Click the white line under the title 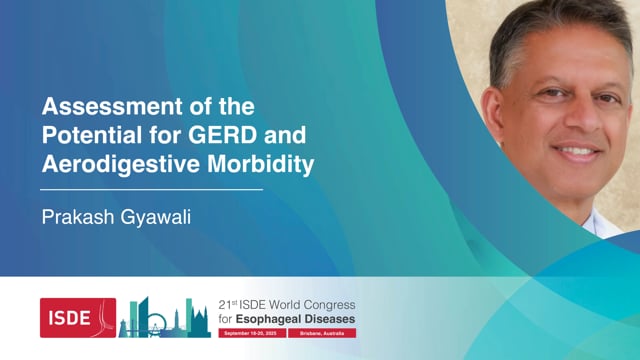tap(151, 188)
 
